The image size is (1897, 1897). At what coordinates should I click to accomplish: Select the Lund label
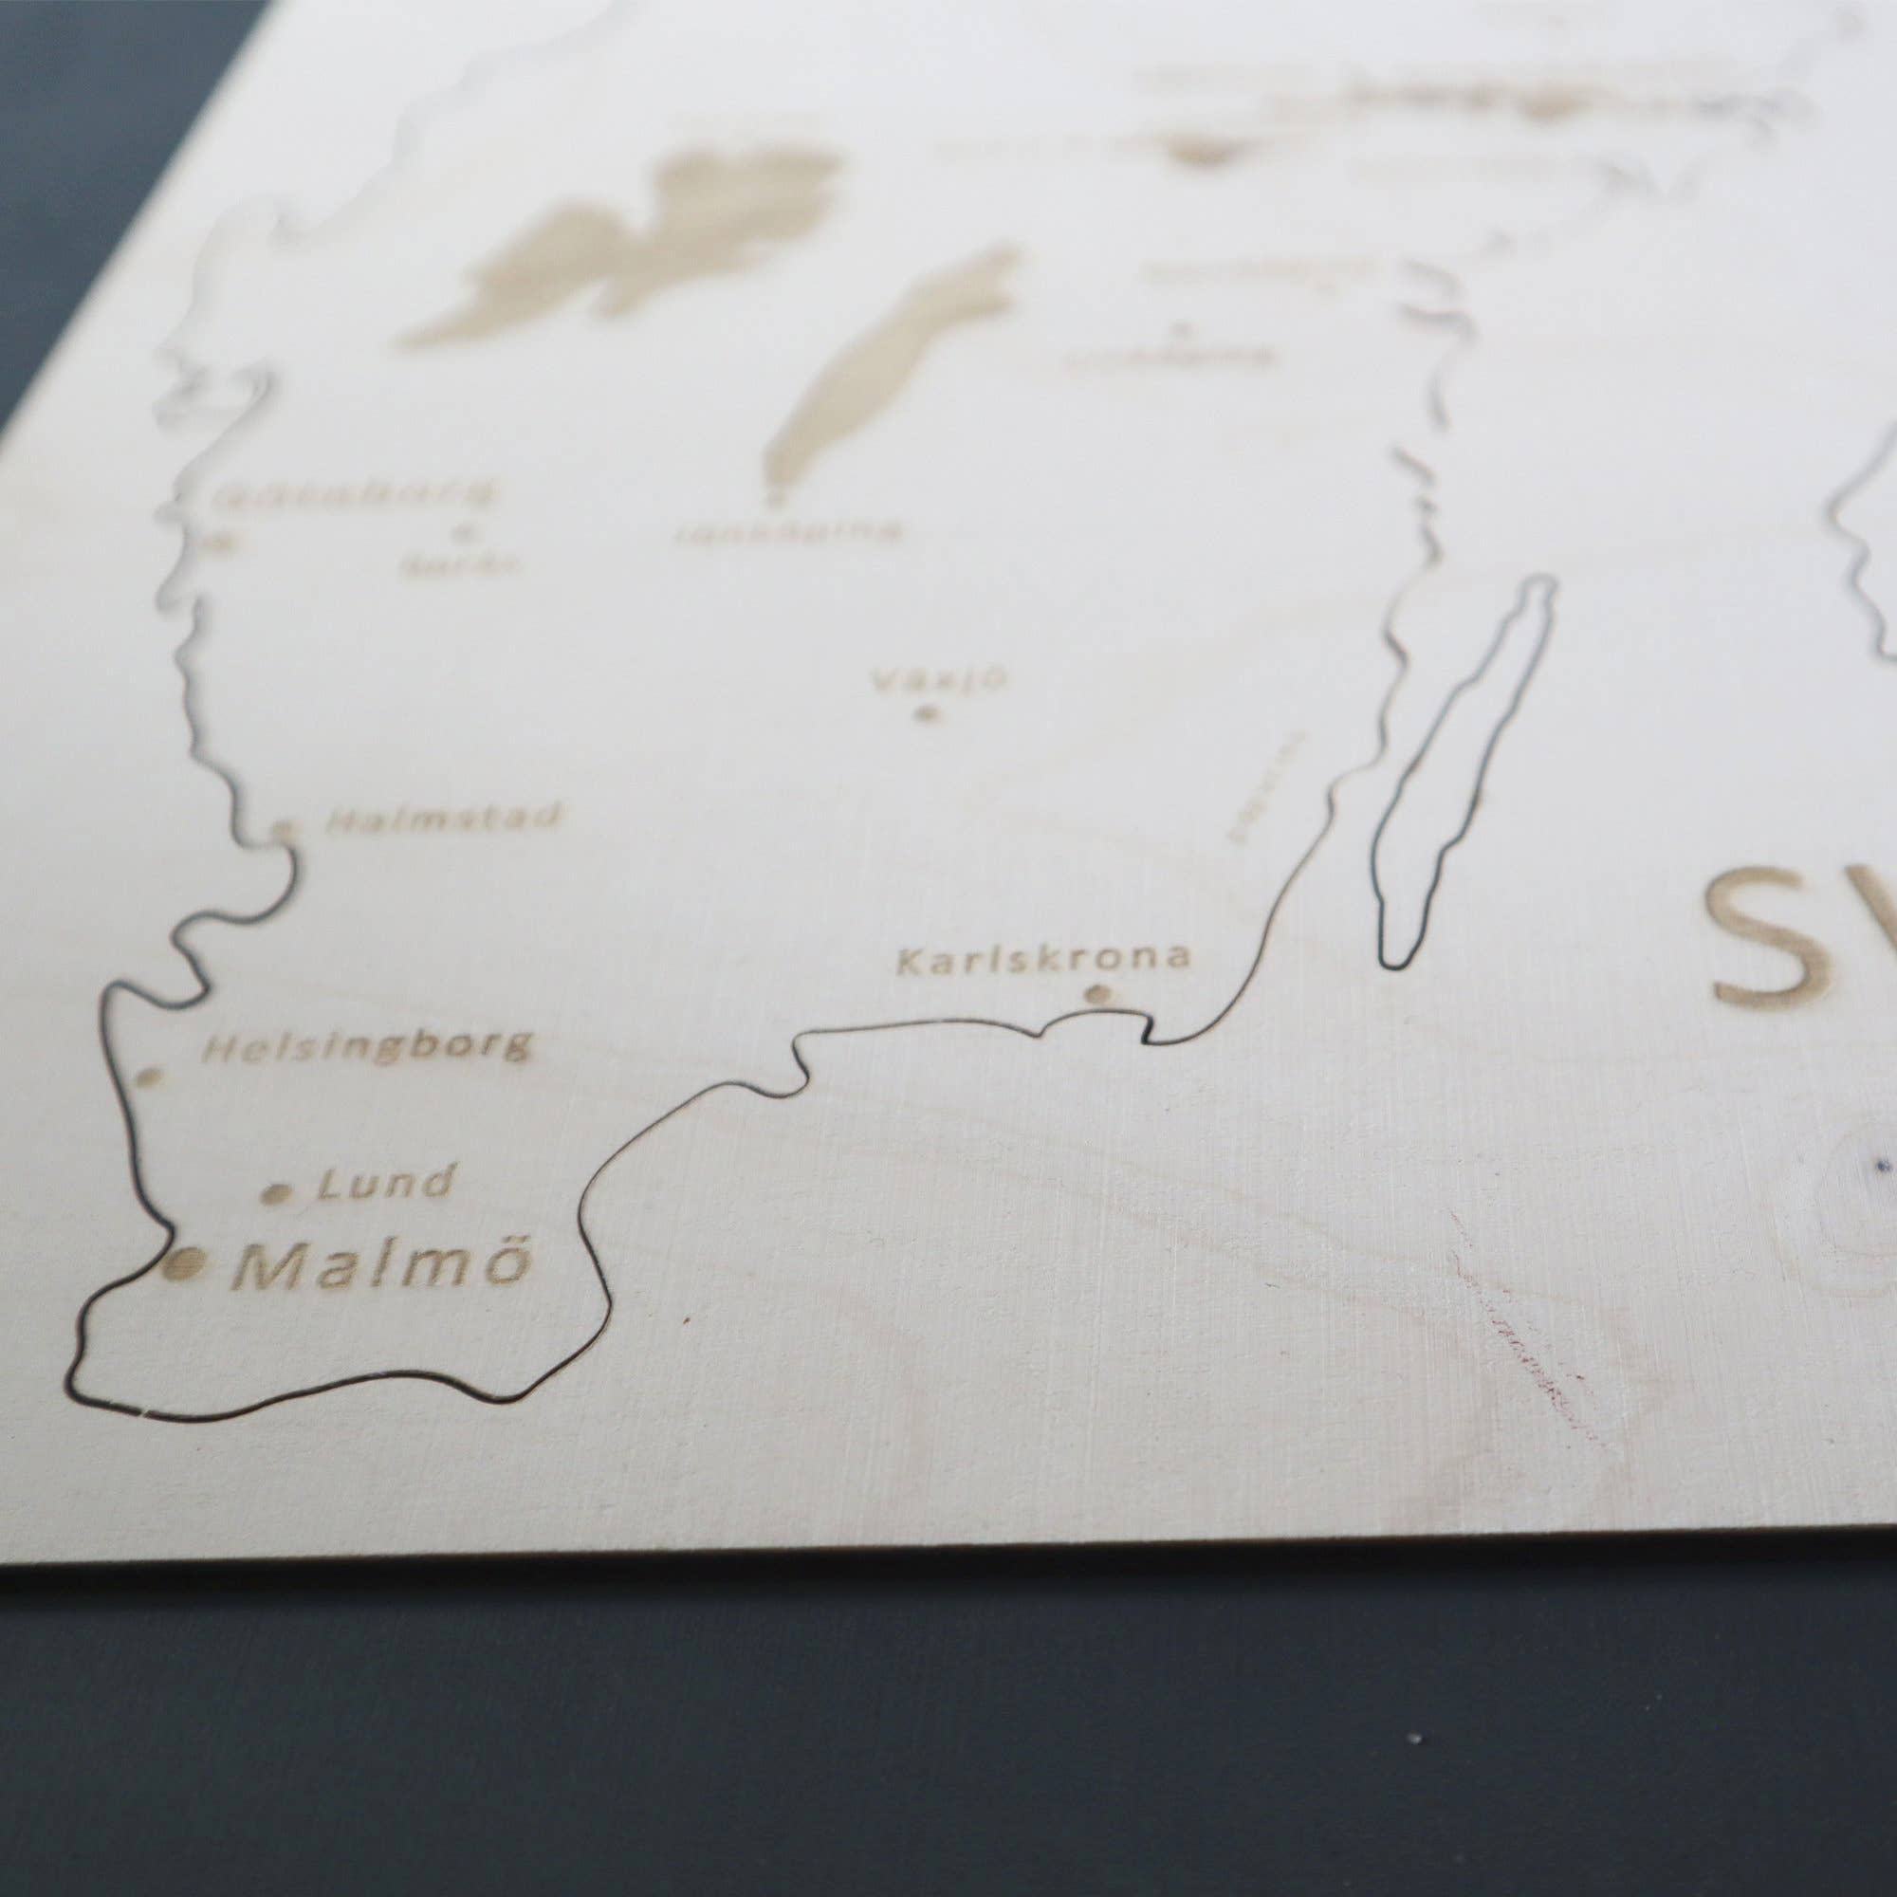[386, 1184]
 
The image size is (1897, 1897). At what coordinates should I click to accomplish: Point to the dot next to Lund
[279, 1194]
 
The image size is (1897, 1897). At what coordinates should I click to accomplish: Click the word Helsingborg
[367, 1048]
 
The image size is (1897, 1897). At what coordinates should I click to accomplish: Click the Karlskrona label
[1042, 959]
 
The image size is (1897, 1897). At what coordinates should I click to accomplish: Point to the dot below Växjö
[923, 715]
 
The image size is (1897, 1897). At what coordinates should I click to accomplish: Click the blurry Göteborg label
[354, 494]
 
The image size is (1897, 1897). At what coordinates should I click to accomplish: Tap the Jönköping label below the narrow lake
[787, 532]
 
